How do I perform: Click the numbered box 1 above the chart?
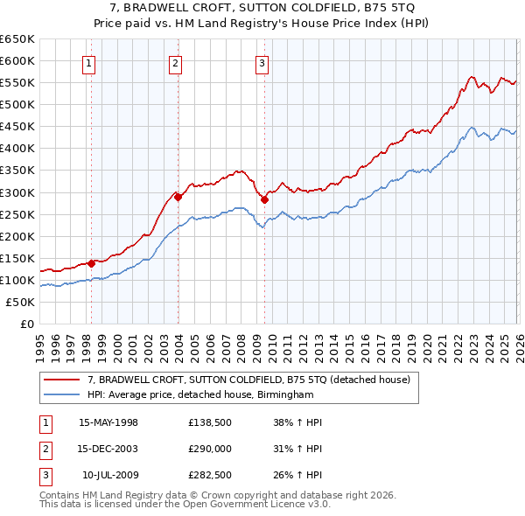click(90, 62)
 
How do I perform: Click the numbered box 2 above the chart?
click(176, 62)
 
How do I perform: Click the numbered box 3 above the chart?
click(262, 62)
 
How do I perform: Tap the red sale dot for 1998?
click(91, 262)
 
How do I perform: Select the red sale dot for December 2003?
click(178, 197)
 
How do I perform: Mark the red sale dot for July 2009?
click(264, 199)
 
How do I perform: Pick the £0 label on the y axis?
click(26, 324)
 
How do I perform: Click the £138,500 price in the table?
click(208, 422)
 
